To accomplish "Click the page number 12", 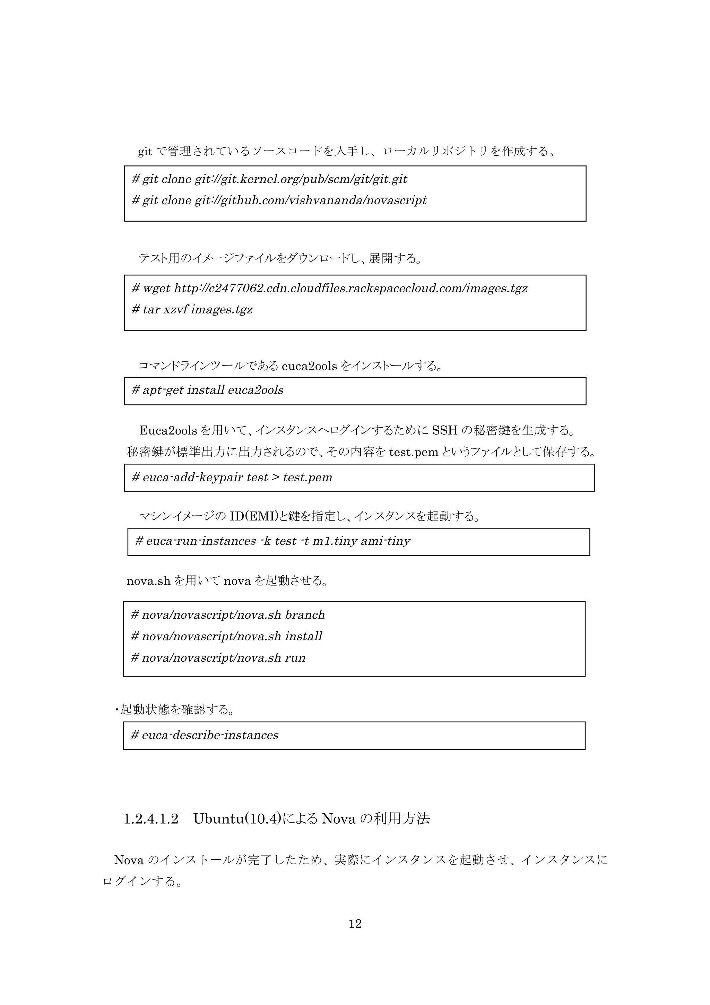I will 355,924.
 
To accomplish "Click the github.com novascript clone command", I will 279,200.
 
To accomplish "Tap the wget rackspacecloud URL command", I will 329,289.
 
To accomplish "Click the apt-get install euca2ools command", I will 207,390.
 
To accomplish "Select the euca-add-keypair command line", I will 232,477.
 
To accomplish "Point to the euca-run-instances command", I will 272,541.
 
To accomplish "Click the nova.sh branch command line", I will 228,615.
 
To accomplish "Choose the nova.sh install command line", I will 227,636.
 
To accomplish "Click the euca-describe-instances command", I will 205,735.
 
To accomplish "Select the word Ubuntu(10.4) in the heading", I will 237,819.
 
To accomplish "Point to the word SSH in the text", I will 444,431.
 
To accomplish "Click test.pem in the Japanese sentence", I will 413,452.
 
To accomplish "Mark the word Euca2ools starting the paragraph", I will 168,431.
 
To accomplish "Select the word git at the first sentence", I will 145,152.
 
